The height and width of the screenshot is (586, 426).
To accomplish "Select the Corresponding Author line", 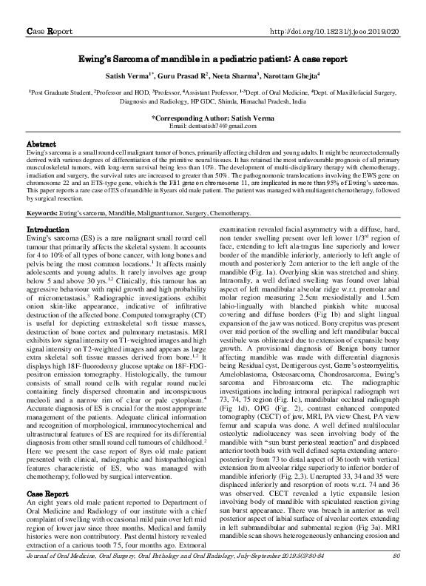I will [x=213, y=118].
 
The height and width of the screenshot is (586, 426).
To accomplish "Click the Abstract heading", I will [x=41, y=143].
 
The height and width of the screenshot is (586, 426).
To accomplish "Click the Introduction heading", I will [x=47, y=230].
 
